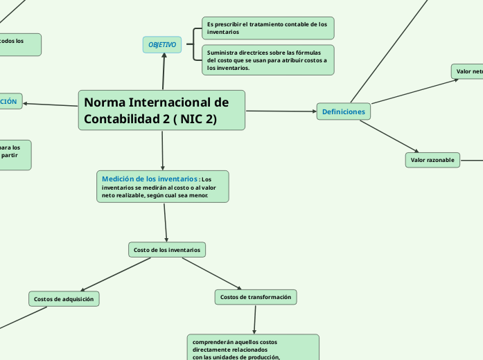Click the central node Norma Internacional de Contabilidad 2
coord(161,110)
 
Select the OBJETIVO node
coord(162,45)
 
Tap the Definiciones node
coord(344,111)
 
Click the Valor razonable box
coord(432,161)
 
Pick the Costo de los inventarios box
coord(167,249)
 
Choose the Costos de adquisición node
coord(64,299)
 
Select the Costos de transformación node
coord(255,297)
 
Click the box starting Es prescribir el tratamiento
coord(267,28)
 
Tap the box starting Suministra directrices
coord(267,60)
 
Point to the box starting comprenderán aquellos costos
coord(253,348)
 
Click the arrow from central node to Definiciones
coord(281,111)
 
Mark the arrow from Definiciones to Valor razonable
coord(389,136)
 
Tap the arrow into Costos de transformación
coord(211,273)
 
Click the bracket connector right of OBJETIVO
coord(190,45)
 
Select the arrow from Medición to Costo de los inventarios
coord(166,222)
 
